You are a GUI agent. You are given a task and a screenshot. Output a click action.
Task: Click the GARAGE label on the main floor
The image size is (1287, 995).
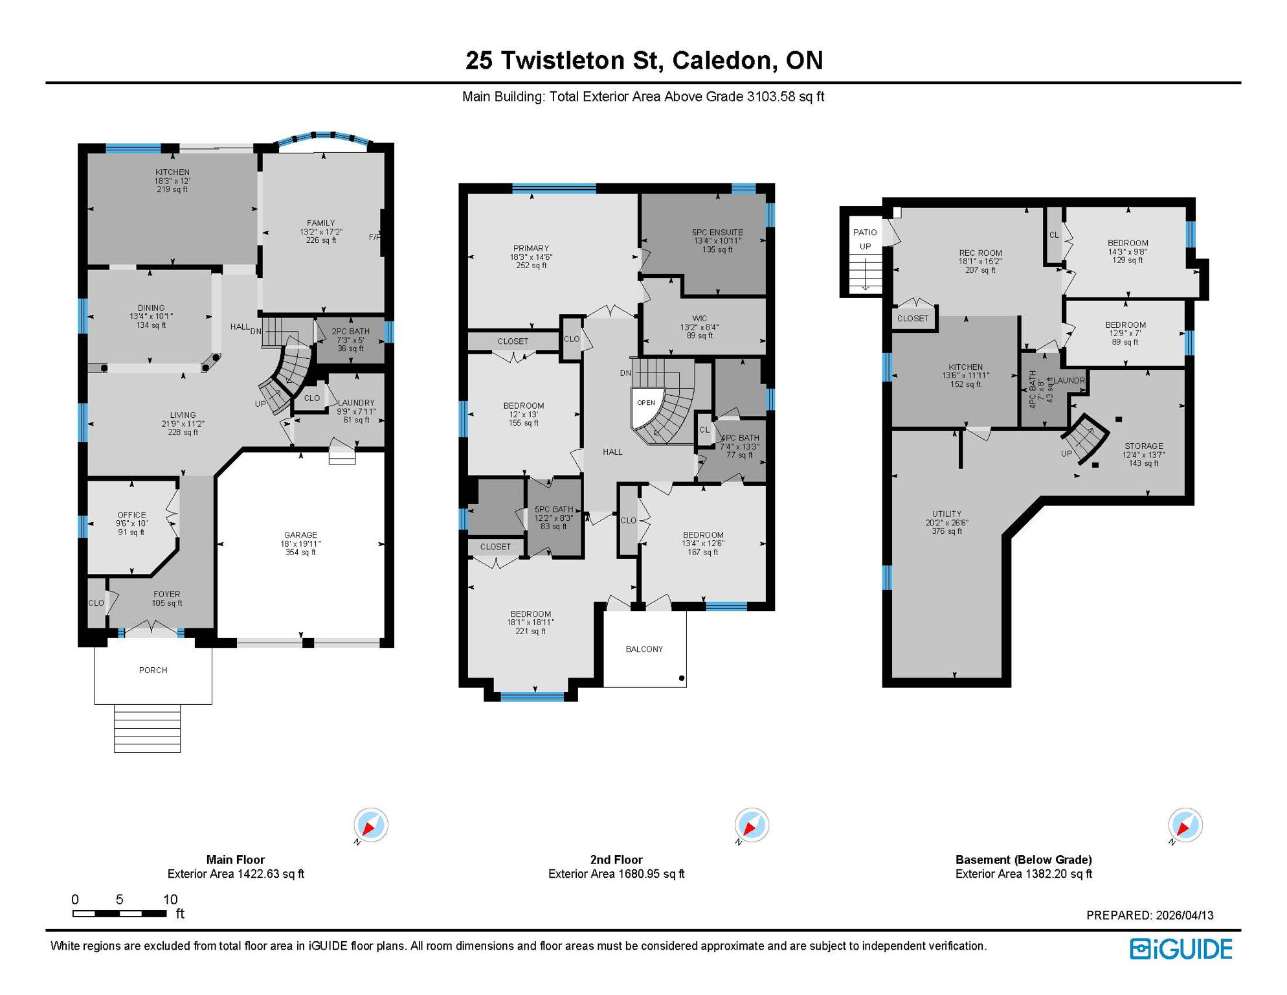(301, 535)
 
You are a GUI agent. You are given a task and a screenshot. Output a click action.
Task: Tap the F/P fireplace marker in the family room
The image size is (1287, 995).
(375, 237)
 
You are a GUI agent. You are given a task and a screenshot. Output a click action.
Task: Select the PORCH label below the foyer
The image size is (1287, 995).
(153, 670)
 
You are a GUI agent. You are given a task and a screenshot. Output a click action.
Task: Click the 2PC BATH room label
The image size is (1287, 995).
(350, 332)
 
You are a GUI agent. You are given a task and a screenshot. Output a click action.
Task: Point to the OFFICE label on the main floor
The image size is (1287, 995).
(131, 516)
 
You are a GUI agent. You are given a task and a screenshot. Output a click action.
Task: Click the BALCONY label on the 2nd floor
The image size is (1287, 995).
(644, 649)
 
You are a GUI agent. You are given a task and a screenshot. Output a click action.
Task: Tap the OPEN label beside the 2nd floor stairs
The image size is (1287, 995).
(646, 403)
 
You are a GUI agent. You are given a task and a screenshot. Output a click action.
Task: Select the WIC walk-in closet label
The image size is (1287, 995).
(700, 319)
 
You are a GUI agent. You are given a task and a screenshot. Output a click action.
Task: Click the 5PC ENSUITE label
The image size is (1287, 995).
(717, 233)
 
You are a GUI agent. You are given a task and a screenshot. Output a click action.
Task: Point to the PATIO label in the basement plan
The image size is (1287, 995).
(865, 233)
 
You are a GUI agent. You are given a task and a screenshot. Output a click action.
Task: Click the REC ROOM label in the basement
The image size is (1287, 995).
(980, 253)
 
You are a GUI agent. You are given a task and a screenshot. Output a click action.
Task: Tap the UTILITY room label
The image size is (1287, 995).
(946, 514)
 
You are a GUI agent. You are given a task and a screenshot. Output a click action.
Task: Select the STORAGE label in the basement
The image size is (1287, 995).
(1143, 446)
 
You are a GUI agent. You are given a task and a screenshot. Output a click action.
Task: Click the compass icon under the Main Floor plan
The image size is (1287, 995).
(371, 825)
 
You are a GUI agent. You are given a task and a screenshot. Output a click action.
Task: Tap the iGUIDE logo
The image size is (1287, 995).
(1181, 950)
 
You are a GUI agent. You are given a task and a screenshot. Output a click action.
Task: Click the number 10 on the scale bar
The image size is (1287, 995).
(170, 899)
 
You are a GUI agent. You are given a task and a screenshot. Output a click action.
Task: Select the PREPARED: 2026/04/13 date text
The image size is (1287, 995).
(1150, 915)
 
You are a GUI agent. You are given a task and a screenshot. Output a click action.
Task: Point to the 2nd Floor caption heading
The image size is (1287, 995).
(616, 860)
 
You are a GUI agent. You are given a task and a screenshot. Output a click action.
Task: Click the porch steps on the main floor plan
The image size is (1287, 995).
(147, 728)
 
